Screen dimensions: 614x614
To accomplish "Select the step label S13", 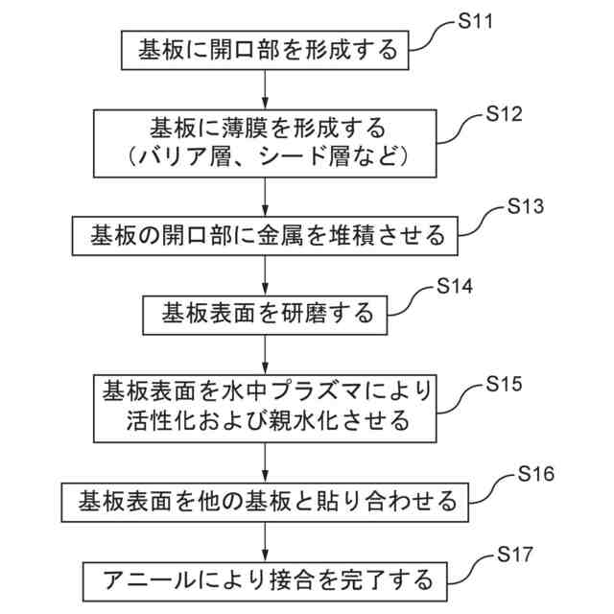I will [x=523, y=206].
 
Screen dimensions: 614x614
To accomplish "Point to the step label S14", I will [x=455, y=286].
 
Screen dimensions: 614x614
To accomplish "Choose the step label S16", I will [x=535, y=474].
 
